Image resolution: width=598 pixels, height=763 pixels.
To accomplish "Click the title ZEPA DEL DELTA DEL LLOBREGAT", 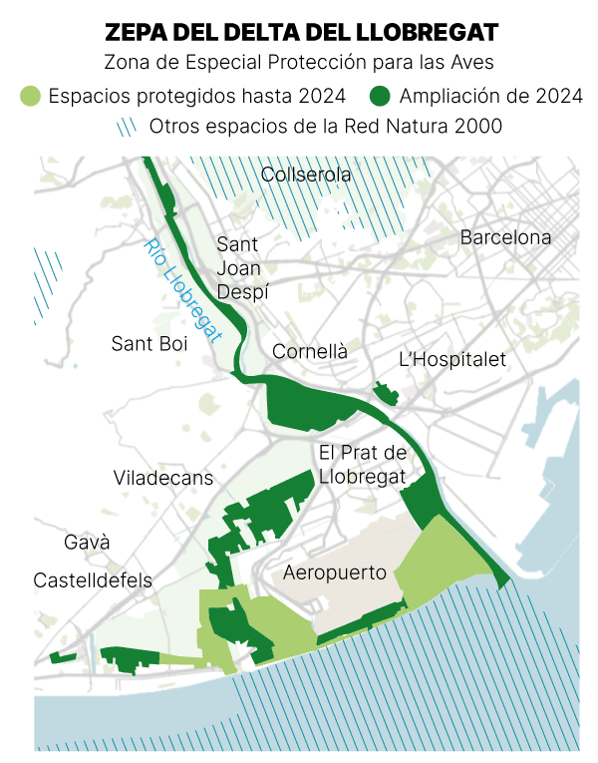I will point(300,32).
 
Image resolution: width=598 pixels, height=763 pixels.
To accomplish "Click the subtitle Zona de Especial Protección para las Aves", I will point(300,62).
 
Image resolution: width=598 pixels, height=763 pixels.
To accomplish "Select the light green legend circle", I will point(31,97).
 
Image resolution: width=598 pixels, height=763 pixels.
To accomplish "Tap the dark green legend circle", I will point(380,97).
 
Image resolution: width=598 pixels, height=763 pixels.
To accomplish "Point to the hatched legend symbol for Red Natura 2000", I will point(126,127).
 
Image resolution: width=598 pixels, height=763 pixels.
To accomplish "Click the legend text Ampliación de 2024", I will point(490,97).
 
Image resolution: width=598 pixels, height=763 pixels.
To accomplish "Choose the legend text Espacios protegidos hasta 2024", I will point(196,97).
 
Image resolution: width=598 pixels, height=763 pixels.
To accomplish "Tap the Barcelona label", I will point(505,238).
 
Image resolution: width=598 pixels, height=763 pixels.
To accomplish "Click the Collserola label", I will point(306,176).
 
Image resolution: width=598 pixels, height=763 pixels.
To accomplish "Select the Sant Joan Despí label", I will point(239,267).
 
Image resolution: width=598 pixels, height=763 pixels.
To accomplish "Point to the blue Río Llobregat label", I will point(180,290).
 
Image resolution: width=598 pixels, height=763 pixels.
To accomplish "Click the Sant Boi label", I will point(149,344).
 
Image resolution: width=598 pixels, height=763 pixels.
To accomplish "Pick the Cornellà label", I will point(310,352).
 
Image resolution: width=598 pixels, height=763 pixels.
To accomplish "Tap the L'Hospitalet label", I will point(451,359).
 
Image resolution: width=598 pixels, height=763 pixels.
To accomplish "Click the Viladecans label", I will point(163,478).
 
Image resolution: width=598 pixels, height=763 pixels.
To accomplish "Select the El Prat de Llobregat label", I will point(363,465).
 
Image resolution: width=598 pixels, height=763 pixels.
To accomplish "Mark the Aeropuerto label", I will point(336,572).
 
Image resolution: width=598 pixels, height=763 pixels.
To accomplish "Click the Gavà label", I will point(87,544).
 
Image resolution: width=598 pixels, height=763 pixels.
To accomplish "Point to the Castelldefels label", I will point(93,580).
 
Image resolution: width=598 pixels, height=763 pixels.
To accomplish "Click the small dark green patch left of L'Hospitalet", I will point(382,391).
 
